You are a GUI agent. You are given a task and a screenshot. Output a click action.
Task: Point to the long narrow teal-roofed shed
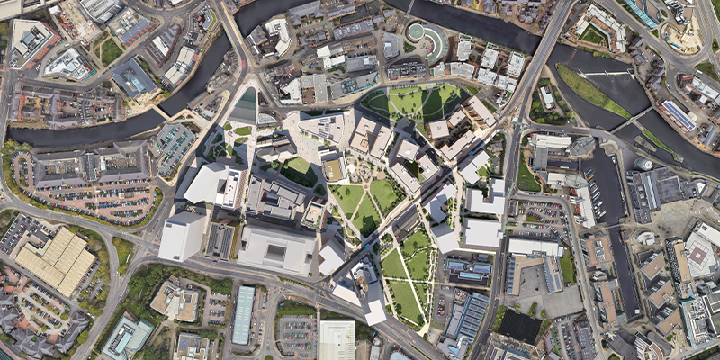[x=244, y=314]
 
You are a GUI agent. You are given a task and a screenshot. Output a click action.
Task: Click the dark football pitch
[x=520, y=327]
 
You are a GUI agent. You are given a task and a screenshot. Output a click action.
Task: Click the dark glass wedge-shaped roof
[x=245, y=106]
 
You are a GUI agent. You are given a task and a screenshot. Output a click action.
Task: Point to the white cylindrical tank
[x=643, y=165]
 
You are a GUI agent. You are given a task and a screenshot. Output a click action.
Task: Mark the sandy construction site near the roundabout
[x=684, y=36]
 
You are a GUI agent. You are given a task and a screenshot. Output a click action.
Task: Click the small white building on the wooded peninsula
[x=546, y=97]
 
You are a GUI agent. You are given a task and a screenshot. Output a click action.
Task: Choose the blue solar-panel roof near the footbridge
[x=680, y=114]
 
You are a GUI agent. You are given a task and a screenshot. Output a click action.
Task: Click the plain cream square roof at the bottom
[x=337, y=340]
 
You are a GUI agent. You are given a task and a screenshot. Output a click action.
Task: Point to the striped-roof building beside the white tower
[x=220, y=239]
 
